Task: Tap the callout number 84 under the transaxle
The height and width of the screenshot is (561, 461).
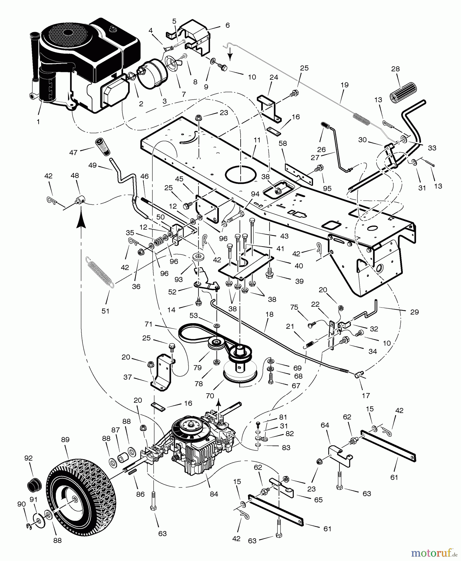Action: coord(214,494)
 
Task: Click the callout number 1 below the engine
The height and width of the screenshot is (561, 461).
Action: coord(38,122)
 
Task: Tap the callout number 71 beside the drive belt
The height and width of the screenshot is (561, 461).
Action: coord(148,324)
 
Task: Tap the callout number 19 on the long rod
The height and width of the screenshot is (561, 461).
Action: coord(344,85)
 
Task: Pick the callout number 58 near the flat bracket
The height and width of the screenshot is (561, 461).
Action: coord(283,143)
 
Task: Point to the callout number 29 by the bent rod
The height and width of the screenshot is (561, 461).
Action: coord(414,312)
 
